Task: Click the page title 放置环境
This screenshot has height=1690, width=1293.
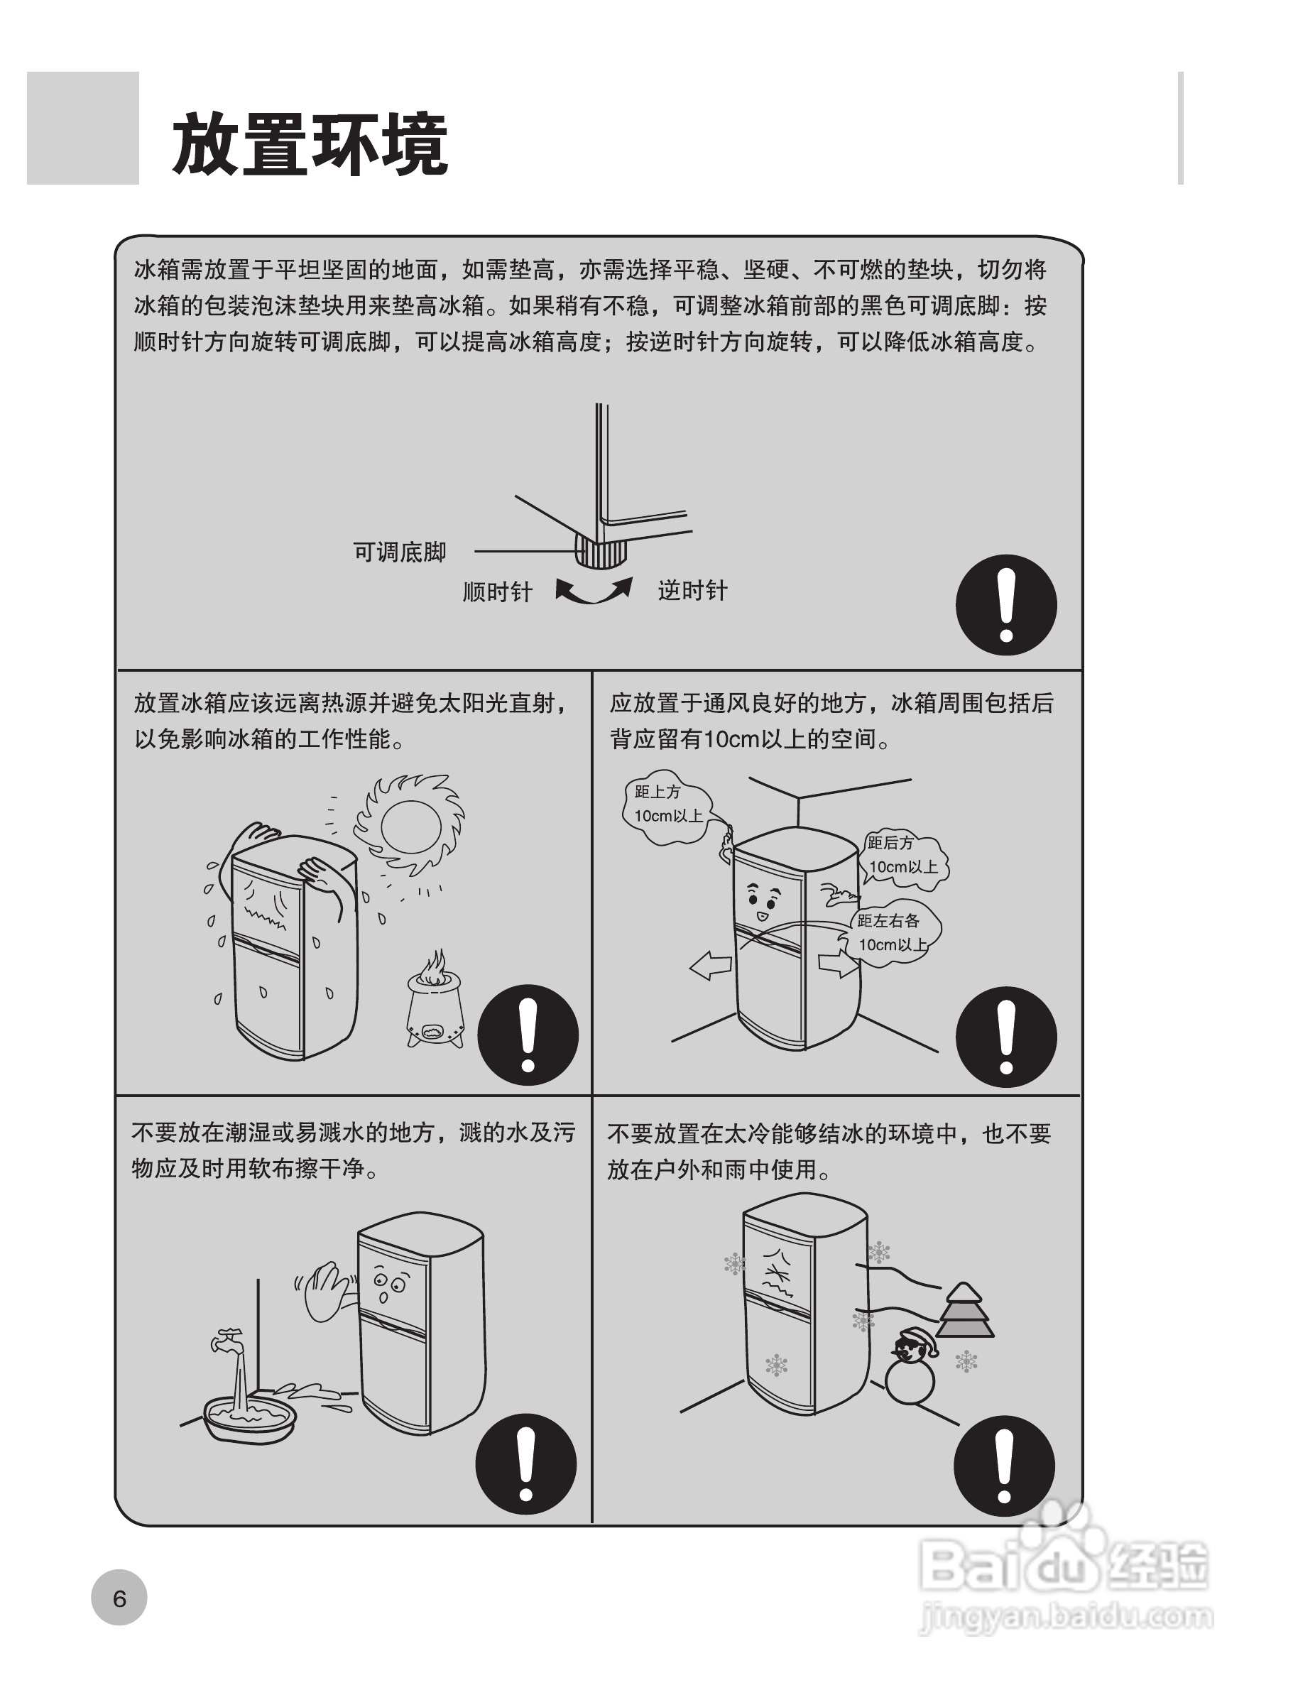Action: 310,144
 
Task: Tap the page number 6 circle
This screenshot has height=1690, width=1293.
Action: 119,1598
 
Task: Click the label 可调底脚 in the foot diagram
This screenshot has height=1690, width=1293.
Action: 400,552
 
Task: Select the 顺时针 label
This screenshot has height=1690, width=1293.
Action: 497,591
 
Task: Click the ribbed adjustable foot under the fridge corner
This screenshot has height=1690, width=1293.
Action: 599,550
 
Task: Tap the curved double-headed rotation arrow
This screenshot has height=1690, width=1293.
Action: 594,591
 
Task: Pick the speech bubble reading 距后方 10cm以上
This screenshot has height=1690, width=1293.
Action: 904,856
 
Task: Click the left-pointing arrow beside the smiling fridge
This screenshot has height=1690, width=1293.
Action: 709,966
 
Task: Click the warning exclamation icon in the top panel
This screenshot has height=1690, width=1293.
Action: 1006,605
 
